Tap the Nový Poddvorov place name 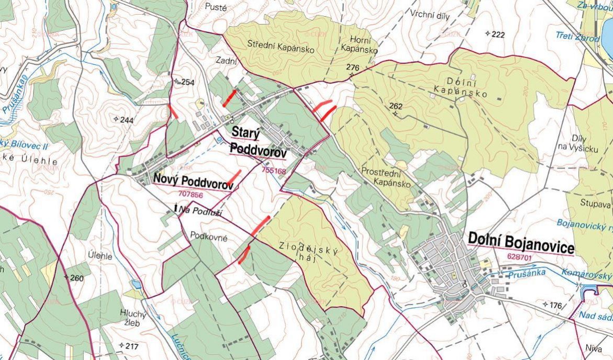point(193,178)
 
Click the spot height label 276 point(353,67)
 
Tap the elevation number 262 point(396,106)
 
